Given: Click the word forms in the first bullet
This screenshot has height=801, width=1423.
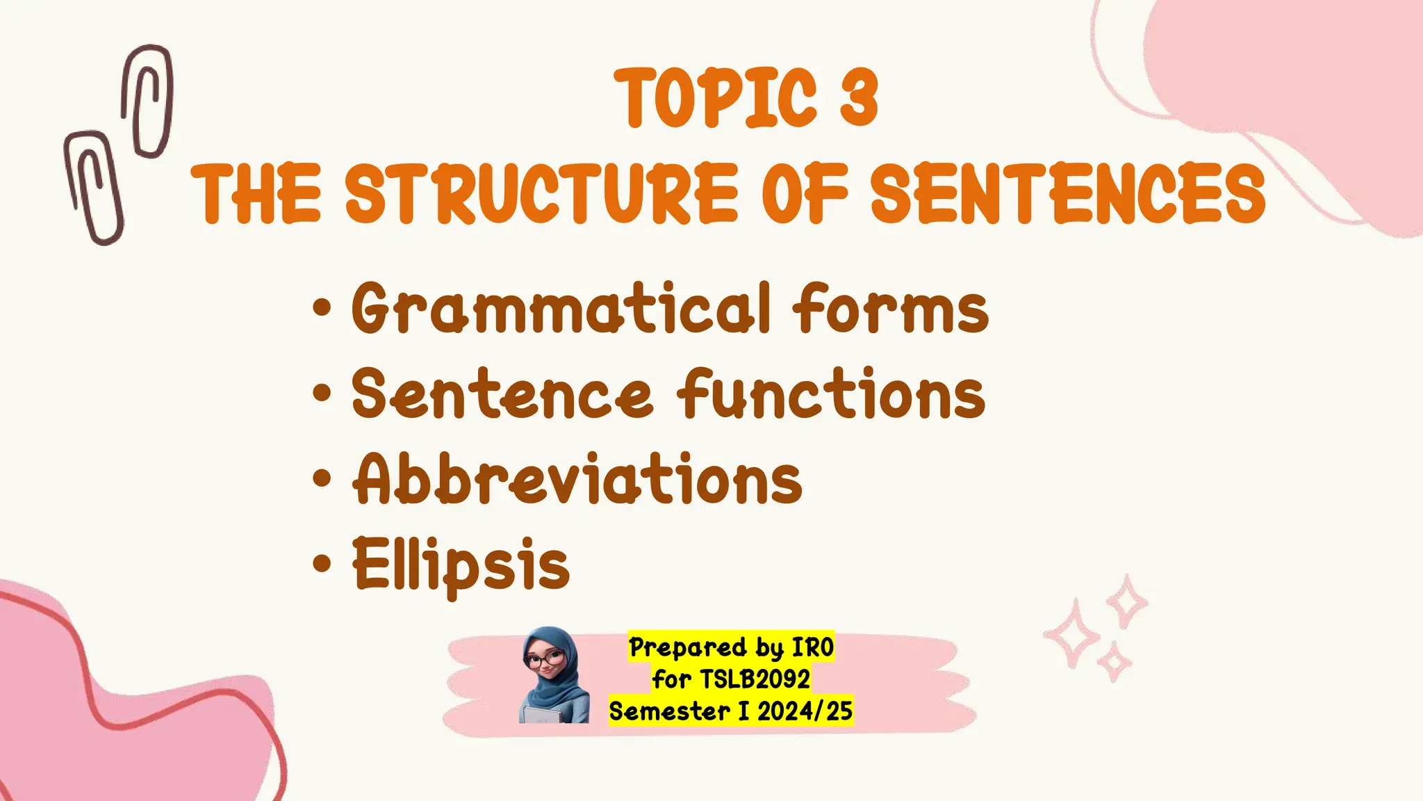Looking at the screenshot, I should [890, 308].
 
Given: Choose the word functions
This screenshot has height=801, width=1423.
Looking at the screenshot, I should [831, 394].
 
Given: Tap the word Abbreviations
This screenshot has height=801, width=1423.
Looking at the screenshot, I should [577, 478].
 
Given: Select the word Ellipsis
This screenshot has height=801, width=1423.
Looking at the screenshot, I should [461, 565].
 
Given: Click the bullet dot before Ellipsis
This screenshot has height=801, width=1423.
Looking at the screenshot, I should [322, 563].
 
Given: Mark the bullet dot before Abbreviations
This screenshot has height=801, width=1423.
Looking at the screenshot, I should [322, 478].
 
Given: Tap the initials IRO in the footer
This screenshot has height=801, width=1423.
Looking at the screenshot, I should [813, 647].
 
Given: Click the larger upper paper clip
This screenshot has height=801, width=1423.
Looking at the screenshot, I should [147, 101].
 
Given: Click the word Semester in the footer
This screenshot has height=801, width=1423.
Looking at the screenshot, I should [669, 711].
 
